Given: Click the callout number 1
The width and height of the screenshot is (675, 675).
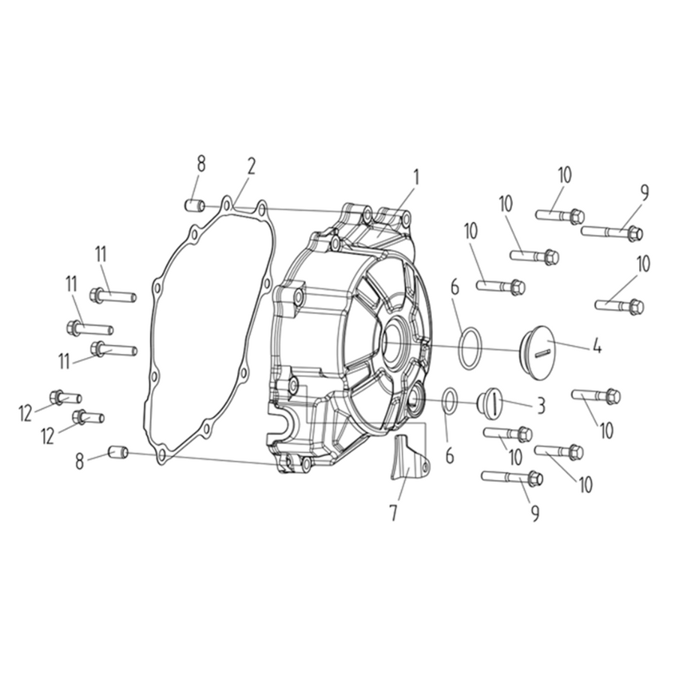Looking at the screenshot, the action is [x=415, y=177].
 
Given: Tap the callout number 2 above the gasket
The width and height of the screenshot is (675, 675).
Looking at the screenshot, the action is [x=251, y=166].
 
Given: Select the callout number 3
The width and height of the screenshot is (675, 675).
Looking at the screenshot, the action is [x=540, y=406].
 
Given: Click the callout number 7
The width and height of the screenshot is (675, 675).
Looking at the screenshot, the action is [x=393, y=513].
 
